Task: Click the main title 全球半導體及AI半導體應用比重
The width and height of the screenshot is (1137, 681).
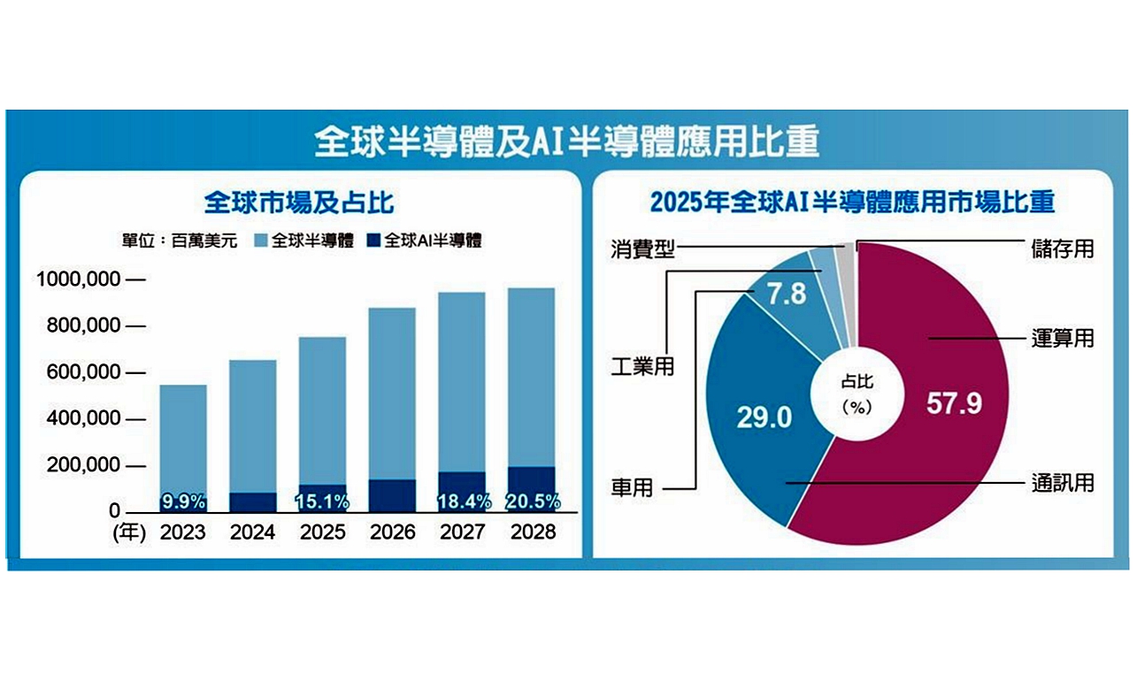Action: tap(567, 142)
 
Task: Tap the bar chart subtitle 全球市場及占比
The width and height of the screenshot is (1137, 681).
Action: tap(298, 203)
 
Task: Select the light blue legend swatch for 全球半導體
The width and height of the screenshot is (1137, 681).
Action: tap(260, 241)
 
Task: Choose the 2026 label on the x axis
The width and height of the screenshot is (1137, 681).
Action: tap(391, 532)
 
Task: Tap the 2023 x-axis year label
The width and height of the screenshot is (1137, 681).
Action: tap(183, 532)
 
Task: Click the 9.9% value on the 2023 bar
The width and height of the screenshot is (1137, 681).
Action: tap(183, 502)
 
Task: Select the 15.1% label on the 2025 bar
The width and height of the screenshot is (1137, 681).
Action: tap(323, 502)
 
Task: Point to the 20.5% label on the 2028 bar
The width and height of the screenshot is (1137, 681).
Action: tap(532, 501)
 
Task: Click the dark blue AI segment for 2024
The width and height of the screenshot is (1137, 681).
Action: tap(253, 502)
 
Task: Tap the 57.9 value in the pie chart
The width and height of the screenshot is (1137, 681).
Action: tap(955, 402)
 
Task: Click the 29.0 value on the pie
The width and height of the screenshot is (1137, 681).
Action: tap(766, 417)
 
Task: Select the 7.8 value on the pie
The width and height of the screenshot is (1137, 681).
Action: tap(786, 294)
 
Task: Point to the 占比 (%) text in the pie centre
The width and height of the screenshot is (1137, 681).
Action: tap(857, 394)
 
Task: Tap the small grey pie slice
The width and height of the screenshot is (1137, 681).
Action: tap(846, 256)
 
